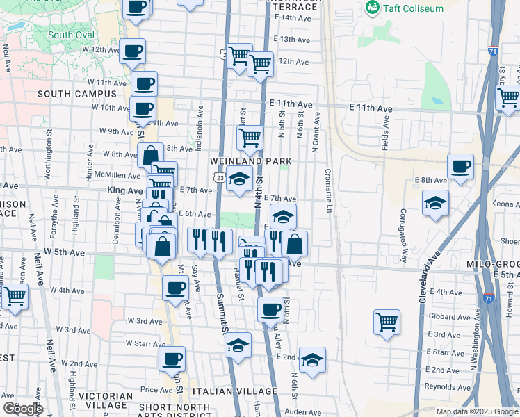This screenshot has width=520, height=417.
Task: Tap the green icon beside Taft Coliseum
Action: (x=373, y=8)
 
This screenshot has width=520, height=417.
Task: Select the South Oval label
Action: (x=71, y=35)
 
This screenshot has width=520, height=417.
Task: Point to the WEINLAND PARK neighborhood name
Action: (x=250, y=161)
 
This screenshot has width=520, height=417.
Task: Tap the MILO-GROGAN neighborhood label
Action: (x=493, y=265)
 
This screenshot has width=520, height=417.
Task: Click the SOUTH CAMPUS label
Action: (x=77, y=94)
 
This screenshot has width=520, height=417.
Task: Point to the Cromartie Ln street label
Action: (x=328, y=190)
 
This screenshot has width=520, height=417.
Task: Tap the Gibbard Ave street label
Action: (x=448, y=316)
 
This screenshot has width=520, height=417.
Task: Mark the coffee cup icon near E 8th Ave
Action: (x=460, y=166)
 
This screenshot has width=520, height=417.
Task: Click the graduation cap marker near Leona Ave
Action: (x=435, y=202)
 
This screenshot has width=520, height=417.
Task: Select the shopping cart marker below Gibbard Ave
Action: (x=387, y=321)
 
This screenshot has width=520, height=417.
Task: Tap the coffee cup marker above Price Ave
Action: (x=172, y=359)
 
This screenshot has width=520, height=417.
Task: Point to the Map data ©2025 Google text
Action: (x=477, y=411)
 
